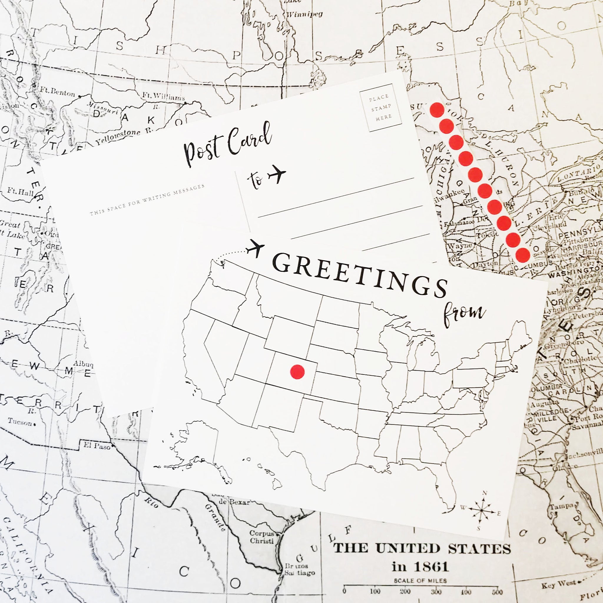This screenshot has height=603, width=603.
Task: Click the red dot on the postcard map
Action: [297, 372]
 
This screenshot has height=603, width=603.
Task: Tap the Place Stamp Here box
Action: [380, 107]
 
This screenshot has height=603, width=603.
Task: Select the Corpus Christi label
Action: [261, 537]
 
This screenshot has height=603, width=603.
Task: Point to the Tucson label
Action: [20, 423]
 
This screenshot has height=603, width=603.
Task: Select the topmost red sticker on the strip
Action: [437, 110]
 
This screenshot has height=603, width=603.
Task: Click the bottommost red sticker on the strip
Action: [523, 255]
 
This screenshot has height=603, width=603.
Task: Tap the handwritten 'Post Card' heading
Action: [227, 144]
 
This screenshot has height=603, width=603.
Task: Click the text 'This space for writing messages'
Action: [147, 200]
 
